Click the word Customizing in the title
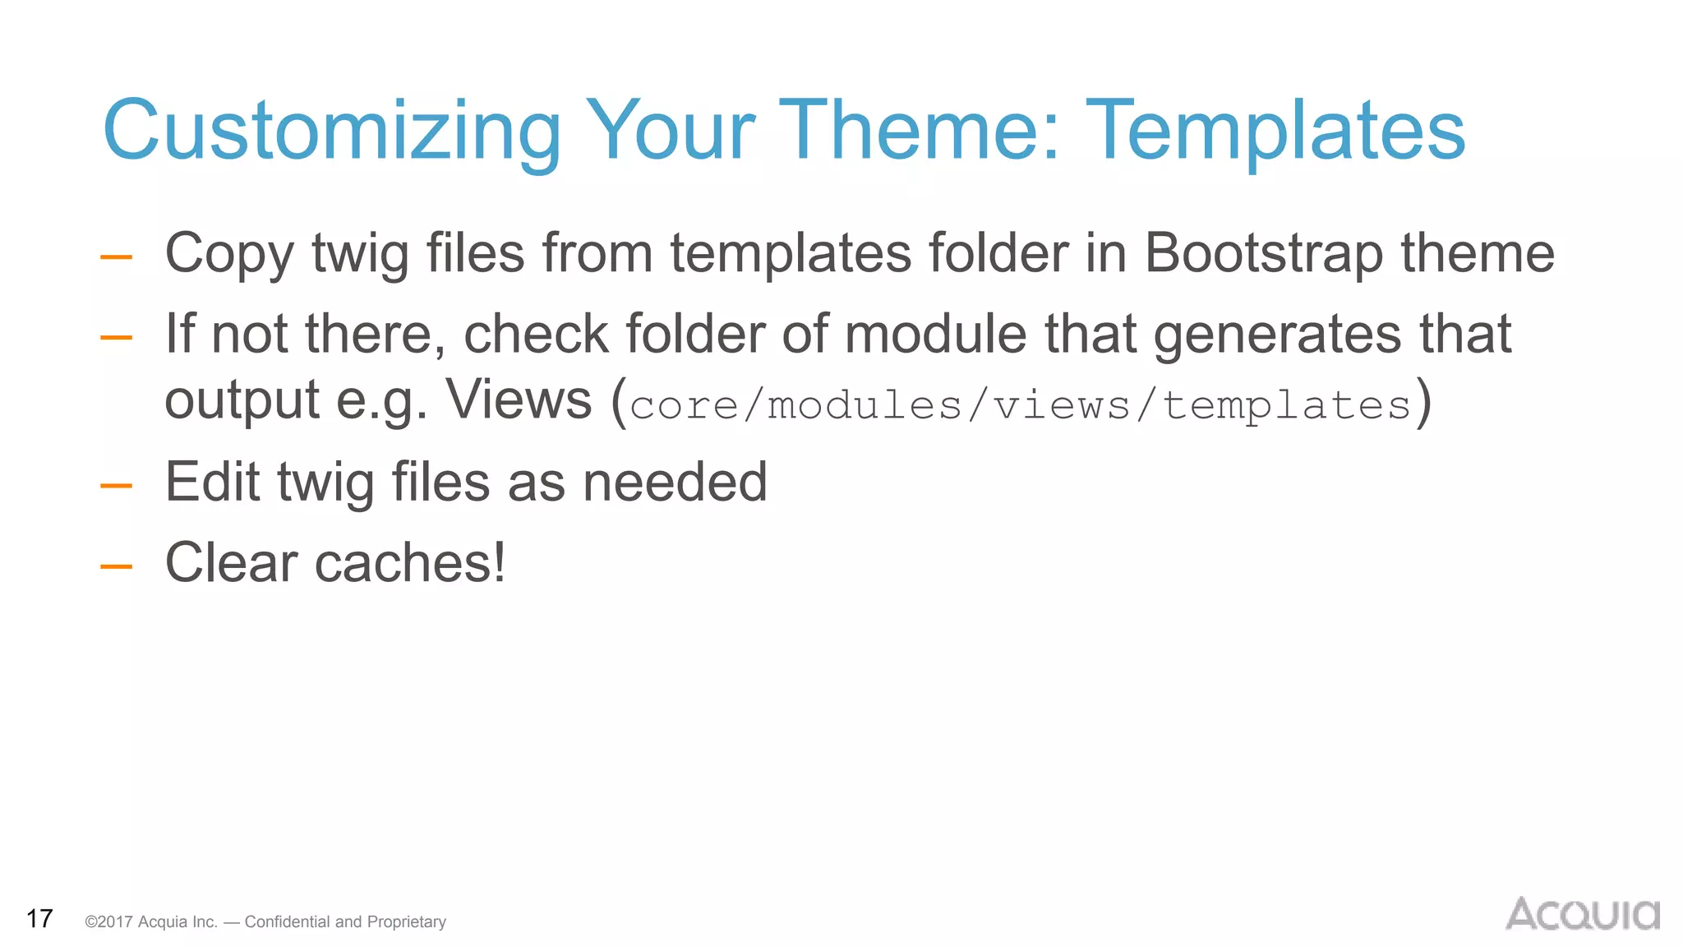(x=331, y=132)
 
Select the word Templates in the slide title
(x=1275, y=132)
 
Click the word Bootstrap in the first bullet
(x=1264, y=253)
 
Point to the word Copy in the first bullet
(x=229, y=253)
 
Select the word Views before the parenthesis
(x=519, y=400)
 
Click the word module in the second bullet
(x=935, y=334)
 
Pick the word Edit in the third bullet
(x=211, y=482)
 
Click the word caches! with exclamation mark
(x=410, y=563)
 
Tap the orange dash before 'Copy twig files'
(x=116, y=257)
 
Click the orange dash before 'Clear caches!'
(x=116, y=566)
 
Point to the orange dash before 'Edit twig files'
(x=116, y=486)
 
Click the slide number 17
(x=39, y=919)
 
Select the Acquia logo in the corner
(x=1582, y=915)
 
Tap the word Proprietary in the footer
(x=406, y=922)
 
